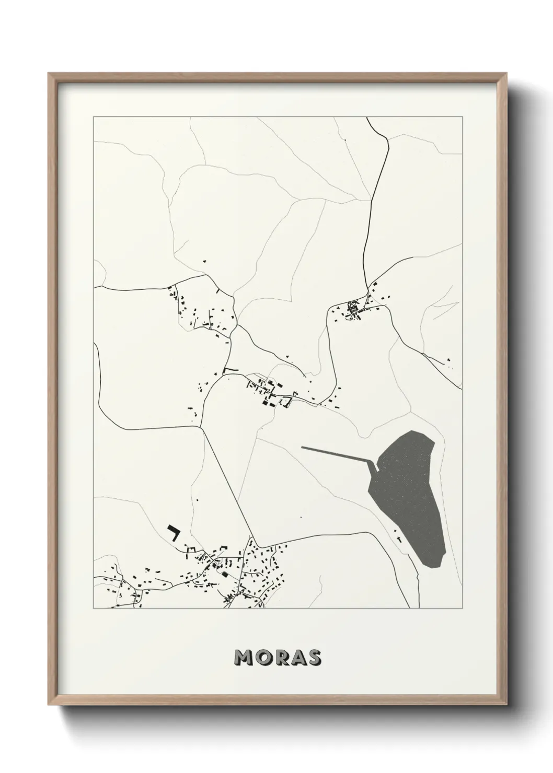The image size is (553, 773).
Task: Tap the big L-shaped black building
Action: click(172, 533)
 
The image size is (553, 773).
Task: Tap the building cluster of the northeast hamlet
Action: click(357, 309)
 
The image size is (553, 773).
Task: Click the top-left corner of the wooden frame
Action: click(49, 74)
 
